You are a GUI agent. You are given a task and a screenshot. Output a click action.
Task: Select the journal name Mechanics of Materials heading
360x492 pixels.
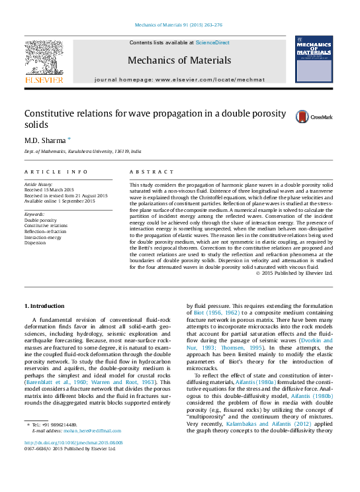pyautogui.click(x=179, y=60)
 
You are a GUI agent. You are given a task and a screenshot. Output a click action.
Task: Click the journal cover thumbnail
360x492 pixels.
pyautogui.click(x=314, y=60)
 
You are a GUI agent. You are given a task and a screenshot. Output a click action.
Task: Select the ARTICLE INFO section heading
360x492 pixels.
pyautogui.click(x=56, y=172)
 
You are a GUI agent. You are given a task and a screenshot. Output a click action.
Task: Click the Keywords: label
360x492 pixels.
pyautogui.click(x=34, y=215)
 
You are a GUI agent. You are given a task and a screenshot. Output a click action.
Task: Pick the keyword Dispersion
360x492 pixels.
pyautogui.click(x=36, y=242)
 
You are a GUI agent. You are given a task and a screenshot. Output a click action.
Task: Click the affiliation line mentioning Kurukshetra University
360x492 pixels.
pyautogui.click(x=83, y=152)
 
